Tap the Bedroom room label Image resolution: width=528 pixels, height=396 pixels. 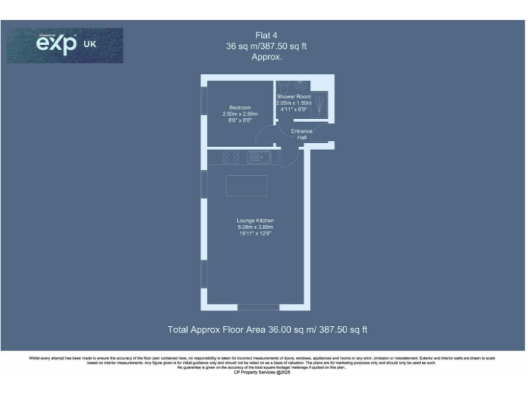pyautogui.click(x=240, y=107)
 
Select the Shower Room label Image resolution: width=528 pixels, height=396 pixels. pyautogui.click(x=294, y=97)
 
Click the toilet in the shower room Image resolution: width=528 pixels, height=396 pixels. pyautogui.click(x=282, y=87)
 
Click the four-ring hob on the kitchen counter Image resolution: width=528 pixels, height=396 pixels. pyautogui.click(x=232, y=157)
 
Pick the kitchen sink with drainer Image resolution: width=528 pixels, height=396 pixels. pyautogui.click(x=259, y=157)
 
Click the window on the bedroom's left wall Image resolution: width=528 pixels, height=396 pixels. pyautogui.click(x=203, y=101)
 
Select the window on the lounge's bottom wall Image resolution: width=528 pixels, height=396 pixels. pyautogui.click(x=258, y=307)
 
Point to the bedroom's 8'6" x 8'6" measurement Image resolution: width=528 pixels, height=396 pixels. pyautogui.click(x=240, y=120)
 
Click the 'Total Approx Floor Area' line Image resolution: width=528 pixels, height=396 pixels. pyautogui.click(x=267, y=330)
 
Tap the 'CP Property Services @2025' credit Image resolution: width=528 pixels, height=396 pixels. pyautogui.click(x=264, y=372)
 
